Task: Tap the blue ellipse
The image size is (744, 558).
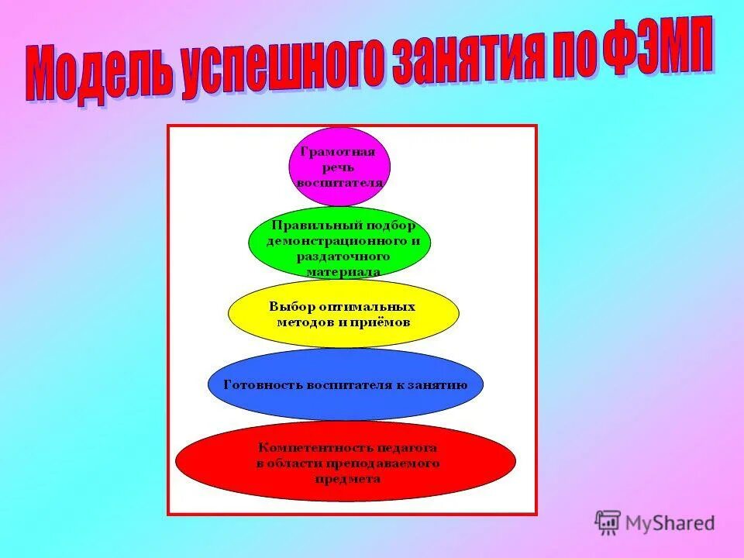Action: [x=345, y=403]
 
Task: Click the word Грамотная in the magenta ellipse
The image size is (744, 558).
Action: [x=338, y=152]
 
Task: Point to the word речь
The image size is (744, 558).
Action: [x=339, y=167]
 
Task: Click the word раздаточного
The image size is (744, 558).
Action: [x=343, y=256]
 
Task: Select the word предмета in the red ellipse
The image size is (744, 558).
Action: [x=347, y=479]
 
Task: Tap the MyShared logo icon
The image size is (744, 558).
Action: [x=608, y=522]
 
